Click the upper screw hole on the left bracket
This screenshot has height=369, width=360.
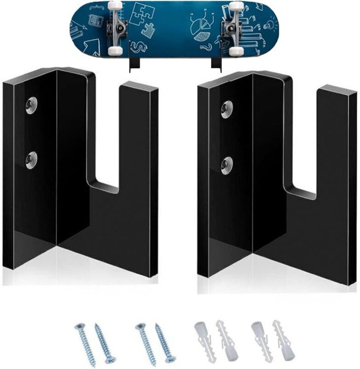(x=31, y=106)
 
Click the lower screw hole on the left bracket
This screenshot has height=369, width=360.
(x=31, y=160)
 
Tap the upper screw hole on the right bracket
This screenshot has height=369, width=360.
(x=226, y=109)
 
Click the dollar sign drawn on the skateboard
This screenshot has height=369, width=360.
(x=138, y=47)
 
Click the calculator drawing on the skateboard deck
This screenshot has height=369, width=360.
(x=96, y=21)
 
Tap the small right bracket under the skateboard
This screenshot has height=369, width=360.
(x=216, y=64)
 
